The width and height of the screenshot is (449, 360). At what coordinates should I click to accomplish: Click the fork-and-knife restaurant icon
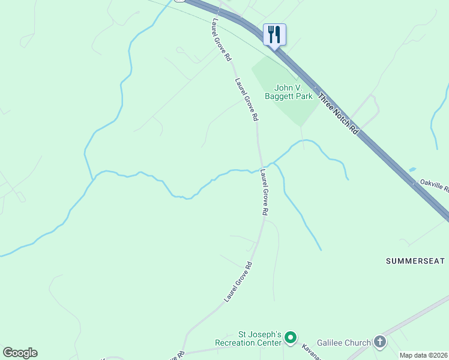274,34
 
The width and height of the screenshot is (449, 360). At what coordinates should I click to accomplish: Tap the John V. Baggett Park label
289,91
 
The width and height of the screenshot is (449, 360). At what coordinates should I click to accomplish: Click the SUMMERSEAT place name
415,261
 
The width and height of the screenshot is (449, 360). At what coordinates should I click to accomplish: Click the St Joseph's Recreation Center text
251,339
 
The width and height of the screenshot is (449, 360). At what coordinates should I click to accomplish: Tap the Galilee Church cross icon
379,342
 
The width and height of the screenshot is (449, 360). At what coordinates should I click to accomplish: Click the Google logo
20,353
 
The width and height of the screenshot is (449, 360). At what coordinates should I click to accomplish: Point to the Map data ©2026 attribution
423,355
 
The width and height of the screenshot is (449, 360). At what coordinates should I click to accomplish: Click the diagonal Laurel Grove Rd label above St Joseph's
238,281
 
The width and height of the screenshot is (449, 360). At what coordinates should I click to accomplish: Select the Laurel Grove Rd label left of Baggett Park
247,100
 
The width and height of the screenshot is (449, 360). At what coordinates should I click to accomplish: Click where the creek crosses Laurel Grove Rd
261,167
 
